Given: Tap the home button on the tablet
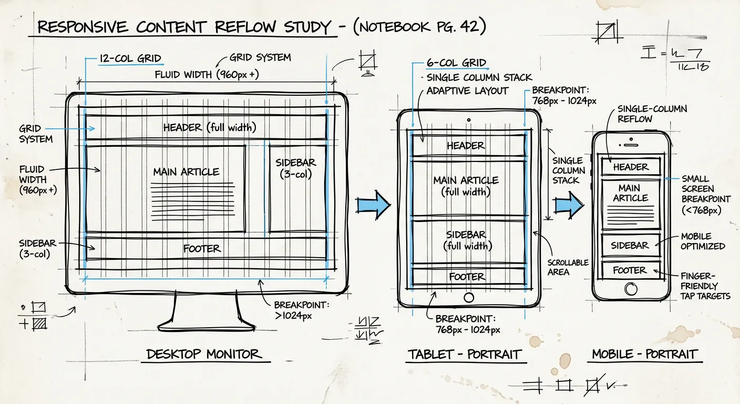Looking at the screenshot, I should coord(469,297).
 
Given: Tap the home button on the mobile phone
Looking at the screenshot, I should coord(630,289).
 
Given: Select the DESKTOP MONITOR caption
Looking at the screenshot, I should coord(203,354).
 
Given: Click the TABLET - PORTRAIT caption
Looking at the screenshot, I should coord(464,355).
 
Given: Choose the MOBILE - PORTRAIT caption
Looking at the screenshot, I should coord(644,355).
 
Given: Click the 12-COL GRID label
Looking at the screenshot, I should coord(130,58).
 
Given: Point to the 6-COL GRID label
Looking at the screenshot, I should coord(456,63).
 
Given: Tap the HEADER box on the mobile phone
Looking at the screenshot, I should coord(631,167).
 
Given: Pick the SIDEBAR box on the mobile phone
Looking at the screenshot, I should coord(630,245).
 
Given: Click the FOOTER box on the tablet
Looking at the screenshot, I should coord(467,277).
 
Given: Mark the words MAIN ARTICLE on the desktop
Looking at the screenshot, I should coord(186,172).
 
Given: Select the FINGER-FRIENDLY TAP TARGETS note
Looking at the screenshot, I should coord(705,286).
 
